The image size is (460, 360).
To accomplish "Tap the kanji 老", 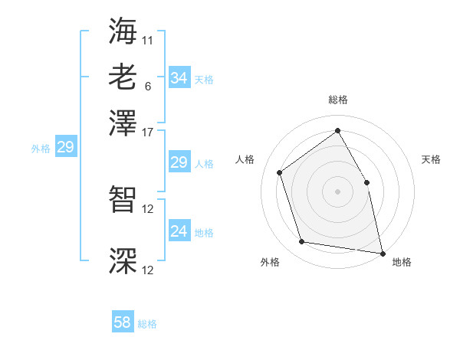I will click(123, 77).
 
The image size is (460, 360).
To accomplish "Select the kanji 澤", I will click(123, 124).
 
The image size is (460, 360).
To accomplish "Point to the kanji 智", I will click(123, 201).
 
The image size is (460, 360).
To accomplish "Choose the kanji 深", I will click(123, 261).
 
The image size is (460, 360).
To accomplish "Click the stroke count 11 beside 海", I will click(148, 39).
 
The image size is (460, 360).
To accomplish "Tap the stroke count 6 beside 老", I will click(148, 87).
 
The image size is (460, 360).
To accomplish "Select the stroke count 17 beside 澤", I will click(148, 132).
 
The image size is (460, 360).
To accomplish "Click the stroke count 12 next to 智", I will click(148, 209).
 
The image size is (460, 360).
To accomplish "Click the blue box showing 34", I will click(179, 78).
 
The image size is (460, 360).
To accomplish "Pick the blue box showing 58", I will click(123, 323).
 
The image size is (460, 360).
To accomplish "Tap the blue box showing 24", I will click(179, 231).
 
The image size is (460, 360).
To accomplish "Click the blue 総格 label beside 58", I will click(147, 324).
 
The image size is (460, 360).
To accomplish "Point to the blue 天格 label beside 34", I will click(204, 79).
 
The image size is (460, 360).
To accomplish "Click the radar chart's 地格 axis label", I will click(402, 262).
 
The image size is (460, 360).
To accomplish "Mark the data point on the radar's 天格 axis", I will click(366, 182).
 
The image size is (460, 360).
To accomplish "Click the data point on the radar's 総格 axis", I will click(337, 130).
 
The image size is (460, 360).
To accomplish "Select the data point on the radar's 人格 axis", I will click(280, 172).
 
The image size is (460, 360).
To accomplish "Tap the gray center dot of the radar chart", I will click(337, 191).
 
